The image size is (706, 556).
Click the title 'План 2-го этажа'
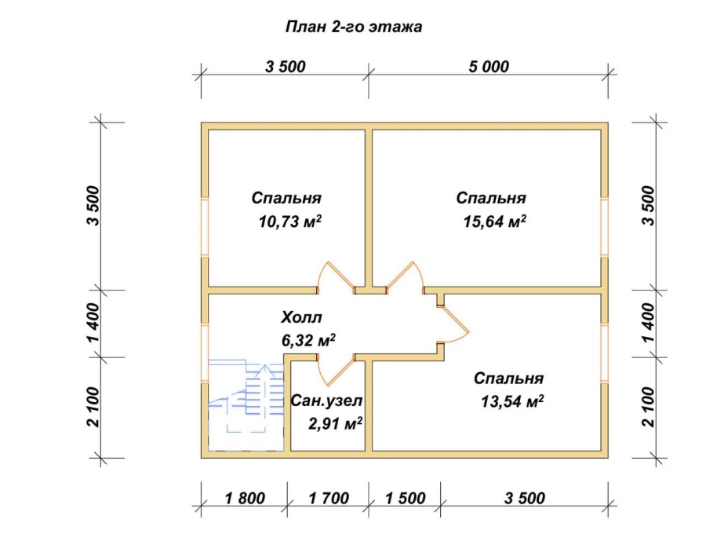click(354, 27)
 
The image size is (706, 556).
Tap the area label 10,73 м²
click(290, 221)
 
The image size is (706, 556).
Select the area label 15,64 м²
click(495, 221)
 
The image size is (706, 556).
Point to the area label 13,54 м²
click(512, 401)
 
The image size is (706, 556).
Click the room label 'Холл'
click(302, 317)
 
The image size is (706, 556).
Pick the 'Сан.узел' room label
click(326, 401)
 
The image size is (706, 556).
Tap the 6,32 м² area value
click(308, 341)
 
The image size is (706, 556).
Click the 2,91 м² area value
click(336, 423)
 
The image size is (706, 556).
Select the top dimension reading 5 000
click(489, 67)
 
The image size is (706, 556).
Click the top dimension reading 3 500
click(286, 67)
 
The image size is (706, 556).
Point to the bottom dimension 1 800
click(245, 499)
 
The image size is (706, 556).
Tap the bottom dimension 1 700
click(329, 499)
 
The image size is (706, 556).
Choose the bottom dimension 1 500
click(406, 499)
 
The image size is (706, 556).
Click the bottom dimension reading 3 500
click(525, 499)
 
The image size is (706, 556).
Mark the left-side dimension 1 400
click(94, 323)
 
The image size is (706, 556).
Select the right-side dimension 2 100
click(648, 407)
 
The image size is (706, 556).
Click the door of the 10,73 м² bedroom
click(336, 276)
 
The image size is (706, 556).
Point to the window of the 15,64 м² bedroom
click(605, 227)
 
